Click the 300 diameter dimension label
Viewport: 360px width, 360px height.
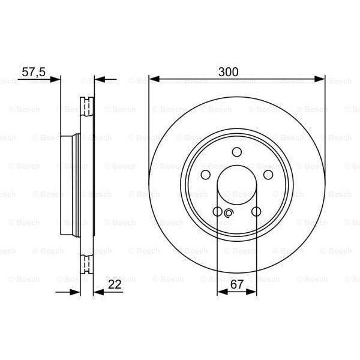tap(229, 71)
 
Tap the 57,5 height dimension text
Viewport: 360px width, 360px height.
tap(34, 71)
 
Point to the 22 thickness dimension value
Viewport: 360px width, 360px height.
tap(115, 285)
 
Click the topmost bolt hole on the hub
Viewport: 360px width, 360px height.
tap(236, 152)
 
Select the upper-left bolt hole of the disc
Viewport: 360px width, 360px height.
tap(206, 175)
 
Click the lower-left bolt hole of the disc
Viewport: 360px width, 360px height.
tap(217, 211)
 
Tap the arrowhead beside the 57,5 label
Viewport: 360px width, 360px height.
tap(56, 79)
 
